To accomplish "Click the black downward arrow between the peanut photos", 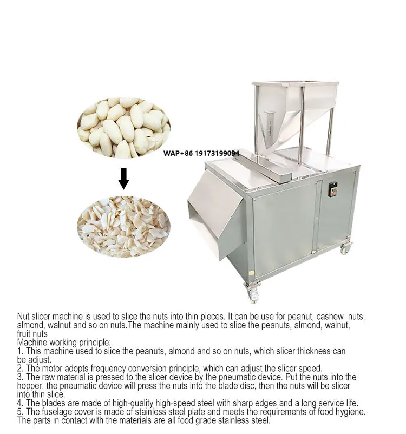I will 123,179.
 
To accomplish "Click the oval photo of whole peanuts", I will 123,128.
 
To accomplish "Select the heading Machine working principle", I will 64,343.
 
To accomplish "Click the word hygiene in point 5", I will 350,412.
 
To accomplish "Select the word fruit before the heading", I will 25,334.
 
